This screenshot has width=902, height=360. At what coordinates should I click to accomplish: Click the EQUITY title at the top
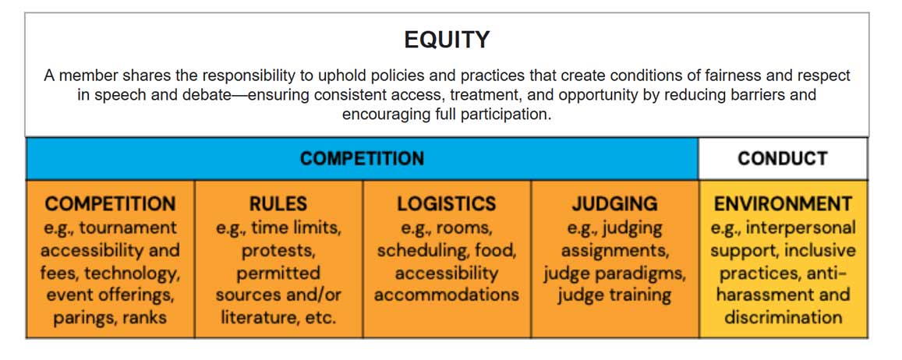click(447, 40)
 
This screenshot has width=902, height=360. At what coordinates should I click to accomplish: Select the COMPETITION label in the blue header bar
click(362, 159)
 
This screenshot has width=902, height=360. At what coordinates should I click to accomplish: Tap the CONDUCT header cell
click(782, 159)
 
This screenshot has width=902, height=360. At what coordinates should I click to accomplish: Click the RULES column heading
click(278, 204)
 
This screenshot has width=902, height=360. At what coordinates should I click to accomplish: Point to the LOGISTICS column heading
click(446, 204)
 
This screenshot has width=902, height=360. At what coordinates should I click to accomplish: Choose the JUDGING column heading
click(614, 204)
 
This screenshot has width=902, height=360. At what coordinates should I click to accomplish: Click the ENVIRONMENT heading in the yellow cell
click(783, 204)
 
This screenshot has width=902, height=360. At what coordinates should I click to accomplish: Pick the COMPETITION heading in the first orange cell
click(110, 204)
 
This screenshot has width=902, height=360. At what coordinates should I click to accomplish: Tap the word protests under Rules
click(278, 250)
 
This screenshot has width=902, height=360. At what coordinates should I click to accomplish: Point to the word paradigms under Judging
click(649, 273)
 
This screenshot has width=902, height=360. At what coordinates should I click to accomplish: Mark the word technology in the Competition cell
click(137, 273)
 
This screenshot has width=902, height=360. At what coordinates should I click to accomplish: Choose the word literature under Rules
click(263, 318)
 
